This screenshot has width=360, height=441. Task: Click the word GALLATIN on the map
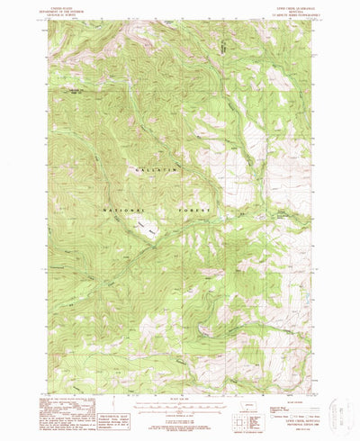[x=154, y=168]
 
